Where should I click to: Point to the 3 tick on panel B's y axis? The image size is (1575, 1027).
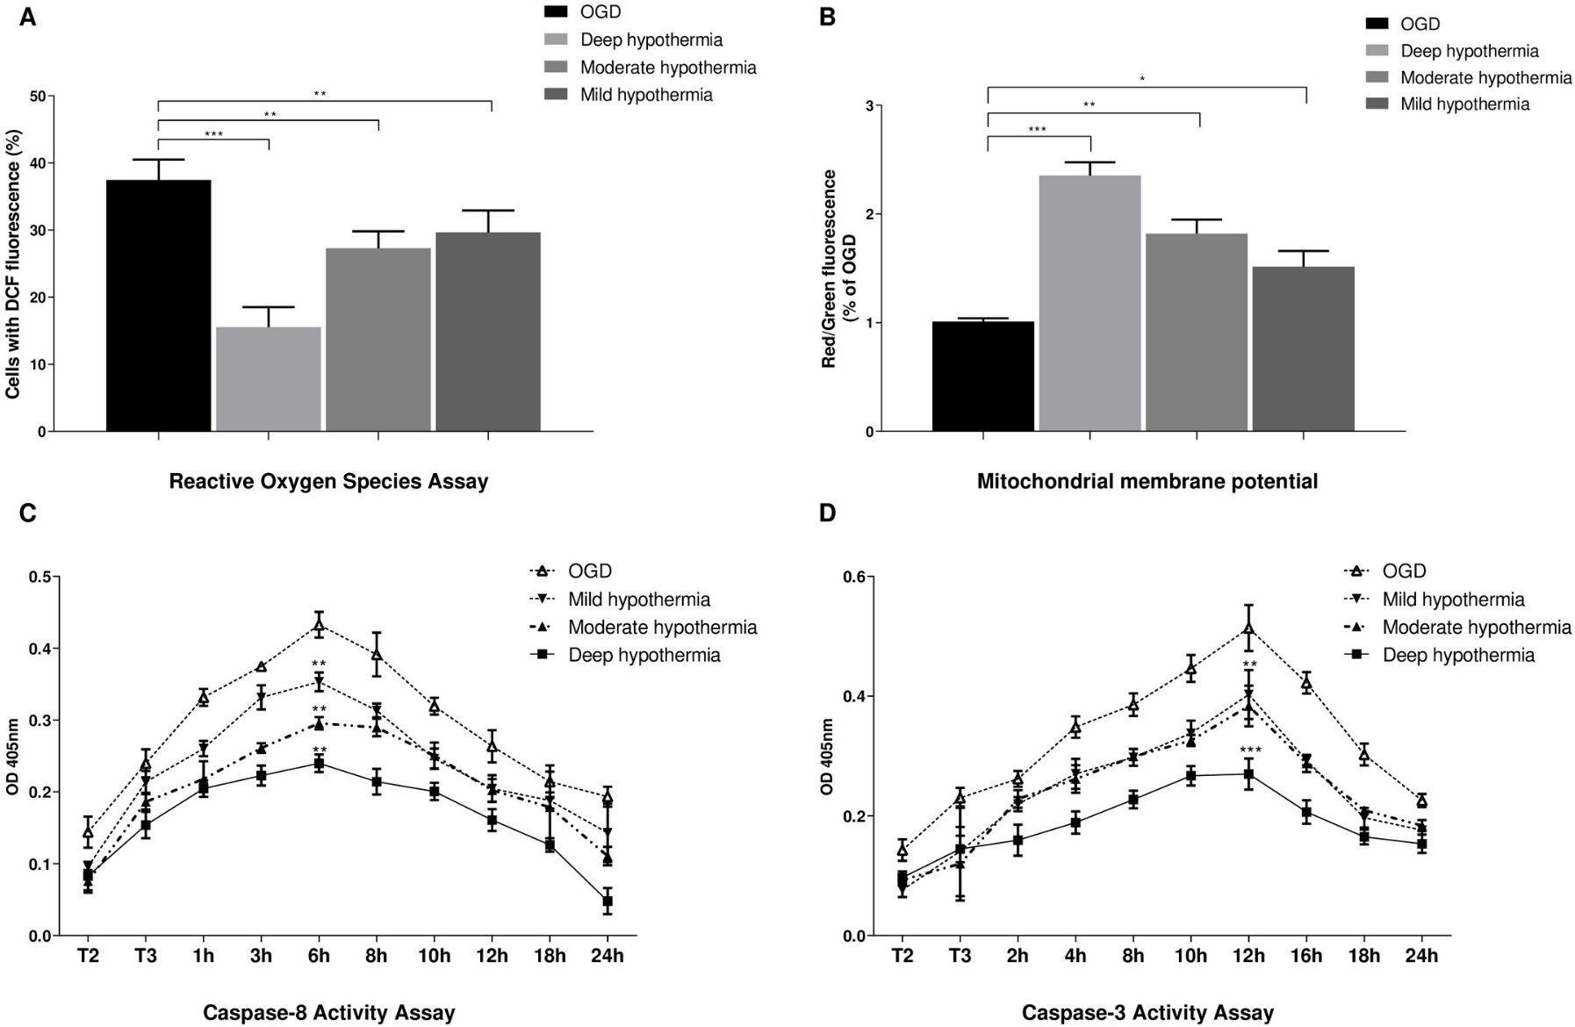coord(868,106)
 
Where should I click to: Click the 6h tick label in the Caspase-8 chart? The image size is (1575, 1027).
coord(319,956)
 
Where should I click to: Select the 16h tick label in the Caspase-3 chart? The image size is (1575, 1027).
coord(1306,956)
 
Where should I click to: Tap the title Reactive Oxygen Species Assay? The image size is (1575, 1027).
coord(328,481)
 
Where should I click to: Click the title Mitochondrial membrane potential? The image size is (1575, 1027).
coord(1147,481)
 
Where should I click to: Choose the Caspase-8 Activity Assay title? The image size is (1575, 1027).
coord(328,1013)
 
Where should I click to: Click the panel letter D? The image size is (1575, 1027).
coord(827,513)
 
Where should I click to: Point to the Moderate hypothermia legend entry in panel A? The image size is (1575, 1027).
coord(667,68)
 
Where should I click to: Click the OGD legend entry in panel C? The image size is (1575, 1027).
coord(589,571)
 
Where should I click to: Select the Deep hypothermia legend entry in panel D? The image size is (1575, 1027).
coord(1458,655)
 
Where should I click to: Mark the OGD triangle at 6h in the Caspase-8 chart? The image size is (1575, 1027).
coord(319,625)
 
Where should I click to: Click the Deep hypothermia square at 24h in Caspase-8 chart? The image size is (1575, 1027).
coord(607,901)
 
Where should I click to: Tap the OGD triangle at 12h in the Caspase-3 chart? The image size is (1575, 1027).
coord(1248,628)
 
